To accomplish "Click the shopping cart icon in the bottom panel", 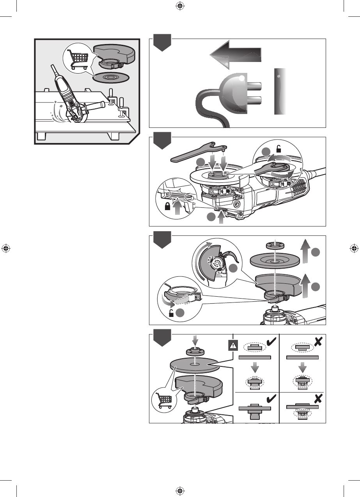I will [163, 400].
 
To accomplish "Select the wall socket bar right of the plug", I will [280, 91].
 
